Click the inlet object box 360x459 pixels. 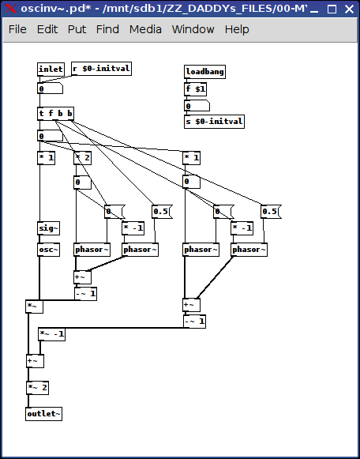click(51, 70)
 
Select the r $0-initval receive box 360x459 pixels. click(101, 69)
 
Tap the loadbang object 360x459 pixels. click(204, 72)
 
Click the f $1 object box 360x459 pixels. click(195, 89)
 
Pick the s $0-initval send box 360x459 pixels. click(215, 122)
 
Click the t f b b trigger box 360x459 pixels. click(55, 114)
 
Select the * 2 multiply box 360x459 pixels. click(82, 158)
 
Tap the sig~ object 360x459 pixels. click(48, 228)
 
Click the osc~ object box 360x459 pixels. click(48, 250)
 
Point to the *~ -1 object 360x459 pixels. click(52, 334)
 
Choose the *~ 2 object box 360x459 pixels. click(37, 388)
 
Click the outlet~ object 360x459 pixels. click(44, 414)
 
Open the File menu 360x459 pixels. click(17, 29)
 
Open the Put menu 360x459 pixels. click(77, 29)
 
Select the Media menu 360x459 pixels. click(145, 29)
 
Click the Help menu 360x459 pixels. click(237, 29)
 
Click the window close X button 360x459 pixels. click(349, 9)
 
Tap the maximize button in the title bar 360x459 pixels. click(332, 9)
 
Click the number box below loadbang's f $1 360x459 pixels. click(197, 106)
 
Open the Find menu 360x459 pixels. click(107, 29)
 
